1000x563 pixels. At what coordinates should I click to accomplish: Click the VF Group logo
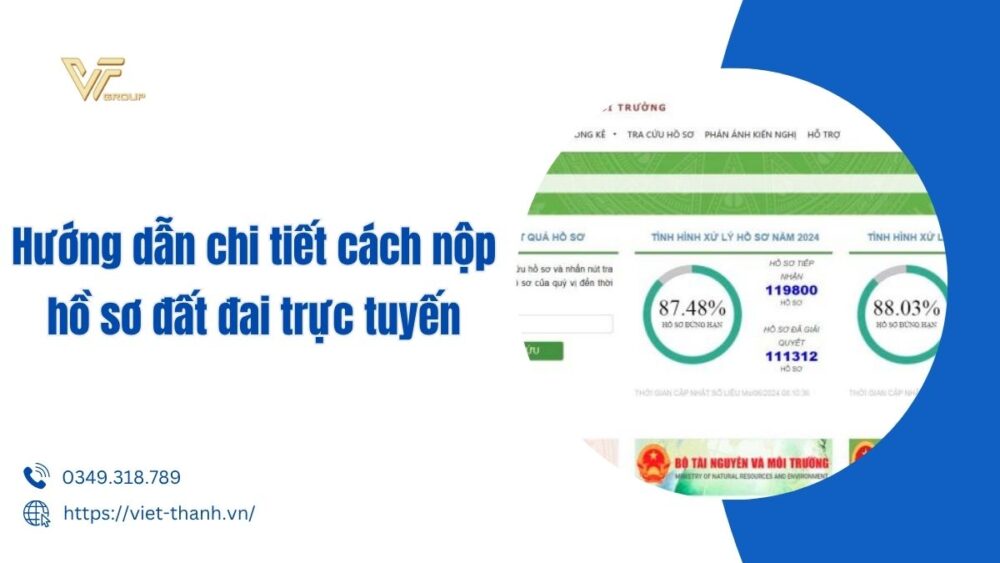tap(101, 83)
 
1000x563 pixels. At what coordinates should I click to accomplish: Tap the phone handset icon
tap(36, 477)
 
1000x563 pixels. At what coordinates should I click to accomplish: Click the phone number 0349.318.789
tap(121, 478)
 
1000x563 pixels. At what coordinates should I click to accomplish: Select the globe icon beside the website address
tap(36, 513)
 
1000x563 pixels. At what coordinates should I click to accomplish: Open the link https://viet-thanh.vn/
tap(159, 513)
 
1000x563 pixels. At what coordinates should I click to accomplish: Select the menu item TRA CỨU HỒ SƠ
tap(660, 134)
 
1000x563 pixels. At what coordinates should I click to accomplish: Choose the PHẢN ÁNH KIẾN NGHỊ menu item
tap(750, 134)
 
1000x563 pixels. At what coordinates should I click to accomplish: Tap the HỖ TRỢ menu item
tap(826, 134)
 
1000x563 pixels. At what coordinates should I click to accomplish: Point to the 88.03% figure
tap(907, 308)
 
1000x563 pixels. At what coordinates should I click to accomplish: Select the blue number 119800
tap(792, 290)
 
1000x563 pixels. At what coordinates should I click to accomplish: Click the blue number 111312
tap(792, 356)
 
